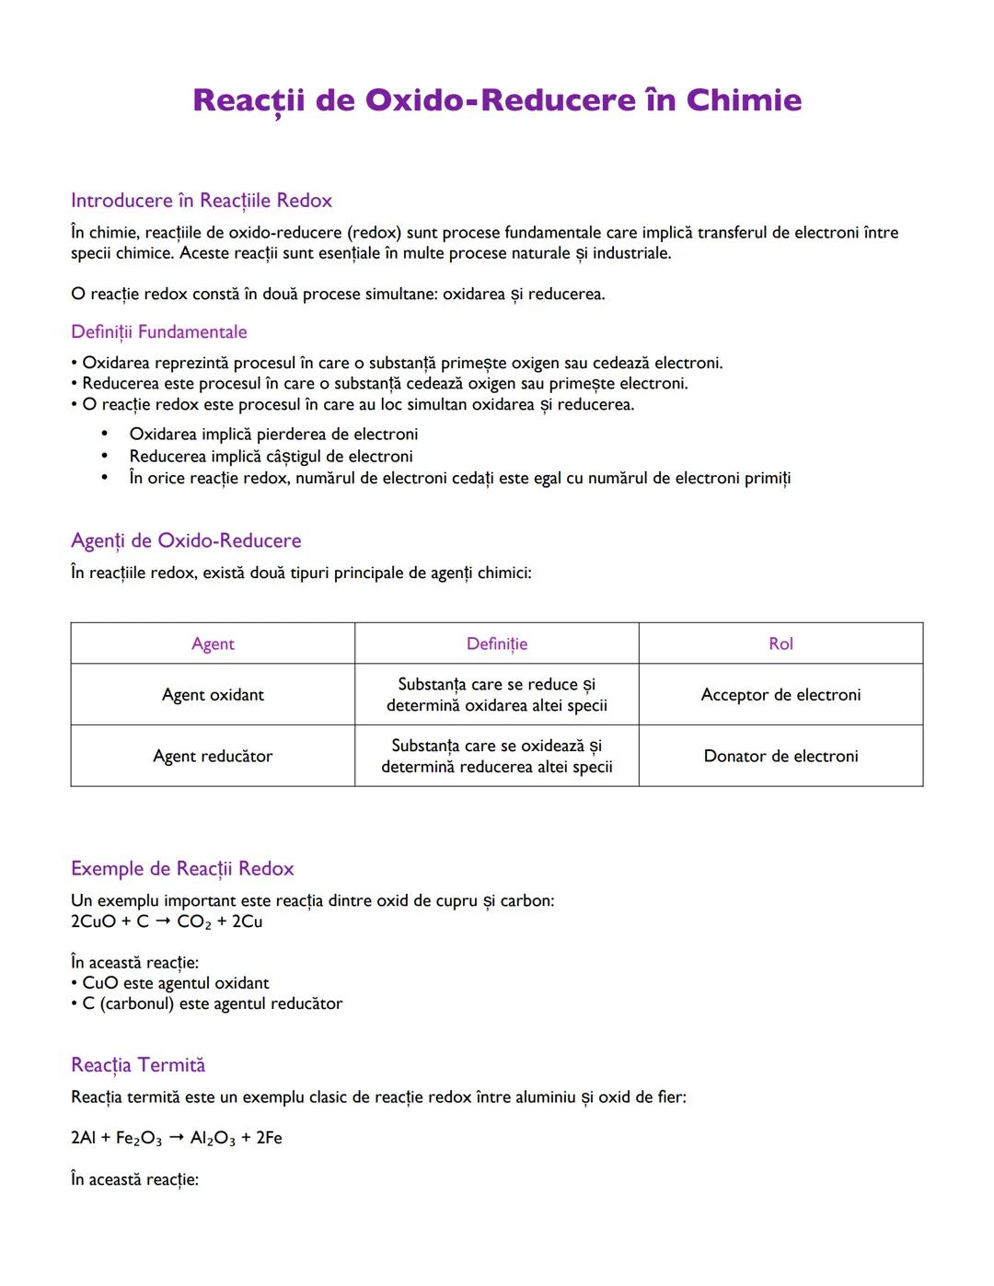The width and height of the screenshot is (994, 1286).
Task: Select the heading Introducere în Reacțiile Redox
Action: [x=201, y=201]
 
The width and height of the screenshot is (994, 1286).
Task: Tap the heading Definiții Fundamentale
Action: [x=158, y=331]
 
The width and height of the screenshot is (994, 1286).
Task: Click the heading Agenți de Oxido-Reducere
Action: [x=186, y=540]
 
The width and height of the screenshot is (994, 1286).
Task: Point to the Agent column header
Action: [x=213, y=643]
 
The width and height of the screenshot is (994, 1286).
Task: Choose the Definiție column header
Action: [x=497, y=643]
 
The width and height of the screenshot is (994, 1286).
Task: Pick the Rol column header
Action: [x=780, y=643]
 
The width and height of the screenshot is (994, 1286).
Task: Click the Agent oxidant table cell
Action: [x=213, y=695]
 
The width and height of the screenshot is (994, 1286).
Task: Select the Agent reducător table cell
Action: [x=213, y=756]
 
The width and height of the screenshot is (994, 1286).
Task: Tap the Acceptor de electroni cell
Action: [x=780, y=695]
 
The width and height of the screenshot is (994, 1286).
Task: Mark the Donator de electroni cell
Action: [x=780, y=756]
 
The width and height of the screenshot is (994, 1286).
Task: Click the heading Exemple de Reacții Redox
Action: [x=182, y=868]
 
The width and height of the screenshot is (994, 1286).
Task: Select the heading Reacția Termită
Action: [x=138, y=1065]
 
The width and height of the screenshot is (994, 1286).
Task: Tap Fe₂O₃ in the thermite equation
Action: [x=138, y=1139]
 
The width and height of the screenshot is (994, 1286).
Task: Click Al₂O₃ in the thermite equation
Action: [x=213, y=1139]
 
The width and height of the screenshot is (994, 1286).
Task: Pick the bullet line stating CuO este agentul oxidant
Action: [x=170, y=983]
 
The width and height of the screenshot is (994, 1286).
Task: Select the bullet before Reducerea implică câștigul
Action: [x=105, y=456]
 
